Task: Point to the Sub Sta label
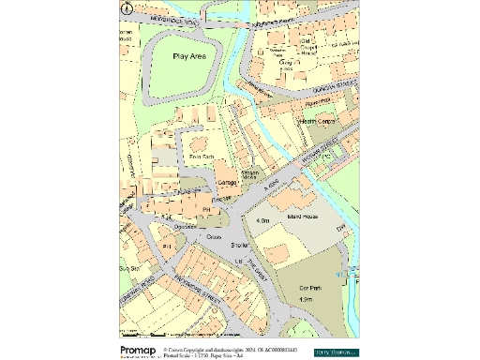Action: coord(127,267)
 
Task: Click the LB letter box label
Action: coord(238,260)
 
